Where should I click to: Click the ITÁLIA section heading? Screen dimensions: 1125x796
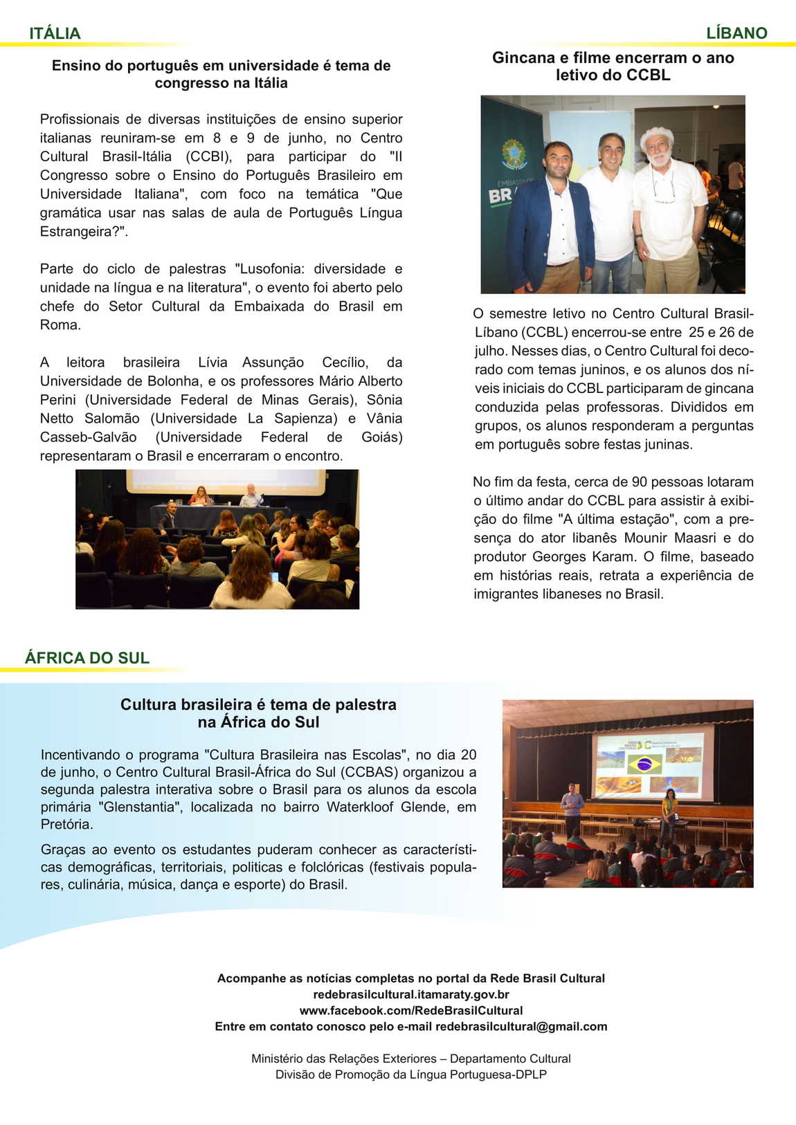point(55,33)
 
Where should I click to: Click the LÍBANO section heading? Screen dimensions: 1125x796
point(736,33)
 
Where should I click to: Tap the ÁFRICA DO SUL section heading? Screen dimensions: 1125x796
point(87,658)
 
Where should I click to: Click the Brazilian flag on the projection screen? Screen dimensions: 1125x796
point(644,764)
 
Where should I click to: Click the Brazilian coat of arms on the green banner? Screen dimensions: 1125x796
point(514,154)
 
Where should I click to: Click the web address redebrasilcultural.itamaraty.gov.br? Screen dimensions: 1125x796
point(411,994)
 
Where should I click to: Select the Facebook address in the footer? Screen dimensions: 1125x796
point(411,1010)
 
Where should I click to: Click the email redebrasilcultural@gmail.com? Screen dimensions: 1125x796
point(521,1026)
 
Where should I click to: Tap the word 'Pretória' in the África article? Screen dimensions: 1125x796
point(66,824)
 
